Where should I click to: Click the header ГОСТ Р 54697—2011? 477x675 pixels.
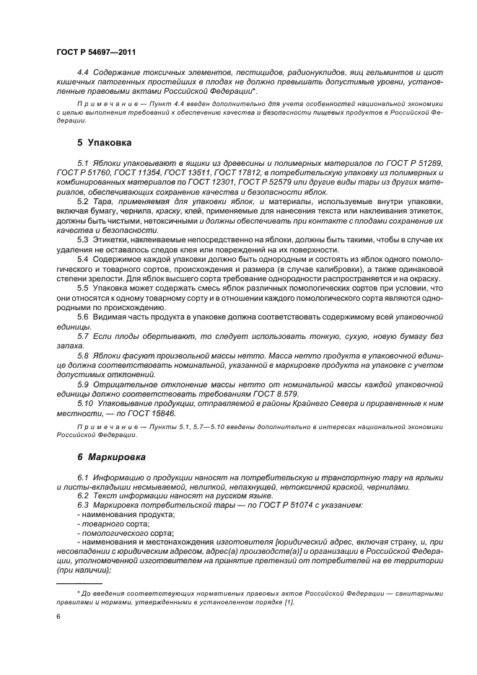(x=95, y=52)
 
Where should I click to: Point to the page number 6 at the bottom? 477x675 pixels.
(x=58, y=617)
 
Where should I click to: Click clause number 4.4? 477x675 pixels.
(x=82, y=74)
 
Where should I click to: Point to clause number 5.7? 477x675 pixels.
(x=82, y=337)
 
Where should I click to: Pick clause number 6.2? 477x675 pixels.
(x=82, y=497)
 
